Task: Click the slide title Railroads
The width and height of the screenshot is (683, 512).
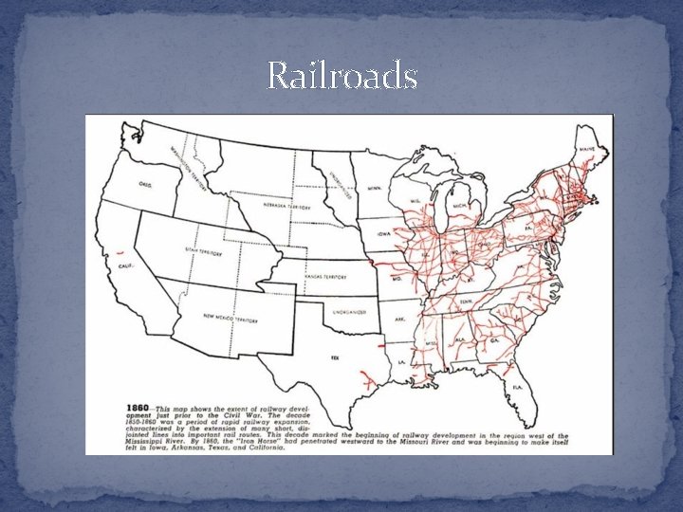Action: point(341,75)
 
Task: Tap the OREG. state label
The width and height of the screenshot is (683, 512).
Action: point(143,185)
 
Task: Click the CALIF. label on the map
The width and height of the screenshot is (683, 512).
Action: point(125,266)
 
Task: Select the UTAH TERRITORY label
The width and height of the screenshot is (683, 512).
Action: point(203,253)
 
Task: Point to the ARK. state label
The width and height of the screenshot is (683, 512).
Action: point(399,320)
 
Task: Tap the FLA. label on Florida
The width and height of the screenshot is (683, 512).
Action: point(518,387)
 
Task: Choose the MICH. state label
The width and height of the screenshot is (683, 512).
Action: point(459,206)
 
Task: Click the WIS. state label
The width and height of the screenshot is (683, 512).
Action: point(415,201)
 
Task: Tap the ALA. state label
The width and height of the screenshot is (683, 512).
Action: point(460,338)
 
